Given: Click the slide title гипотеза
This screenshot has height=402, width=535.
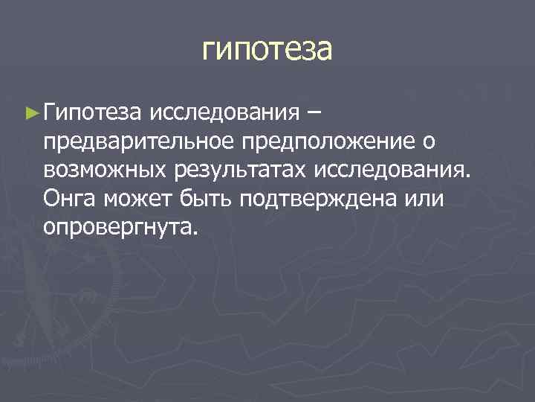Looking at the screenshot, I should click(x=267, y=51).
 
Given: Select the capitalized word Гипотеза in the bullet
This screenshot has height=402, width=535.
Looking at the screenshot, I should click(x=92, y=113).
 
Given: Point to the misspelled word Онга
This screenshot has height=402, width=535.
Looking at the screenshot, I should click(x=71, y=199).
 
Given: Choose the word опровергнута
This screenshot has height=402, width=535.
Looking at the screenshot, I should click(x=118, y=227).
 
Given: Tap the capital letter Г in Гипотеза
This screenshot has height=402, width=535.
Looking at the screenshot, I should click(x=49, y=113).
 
